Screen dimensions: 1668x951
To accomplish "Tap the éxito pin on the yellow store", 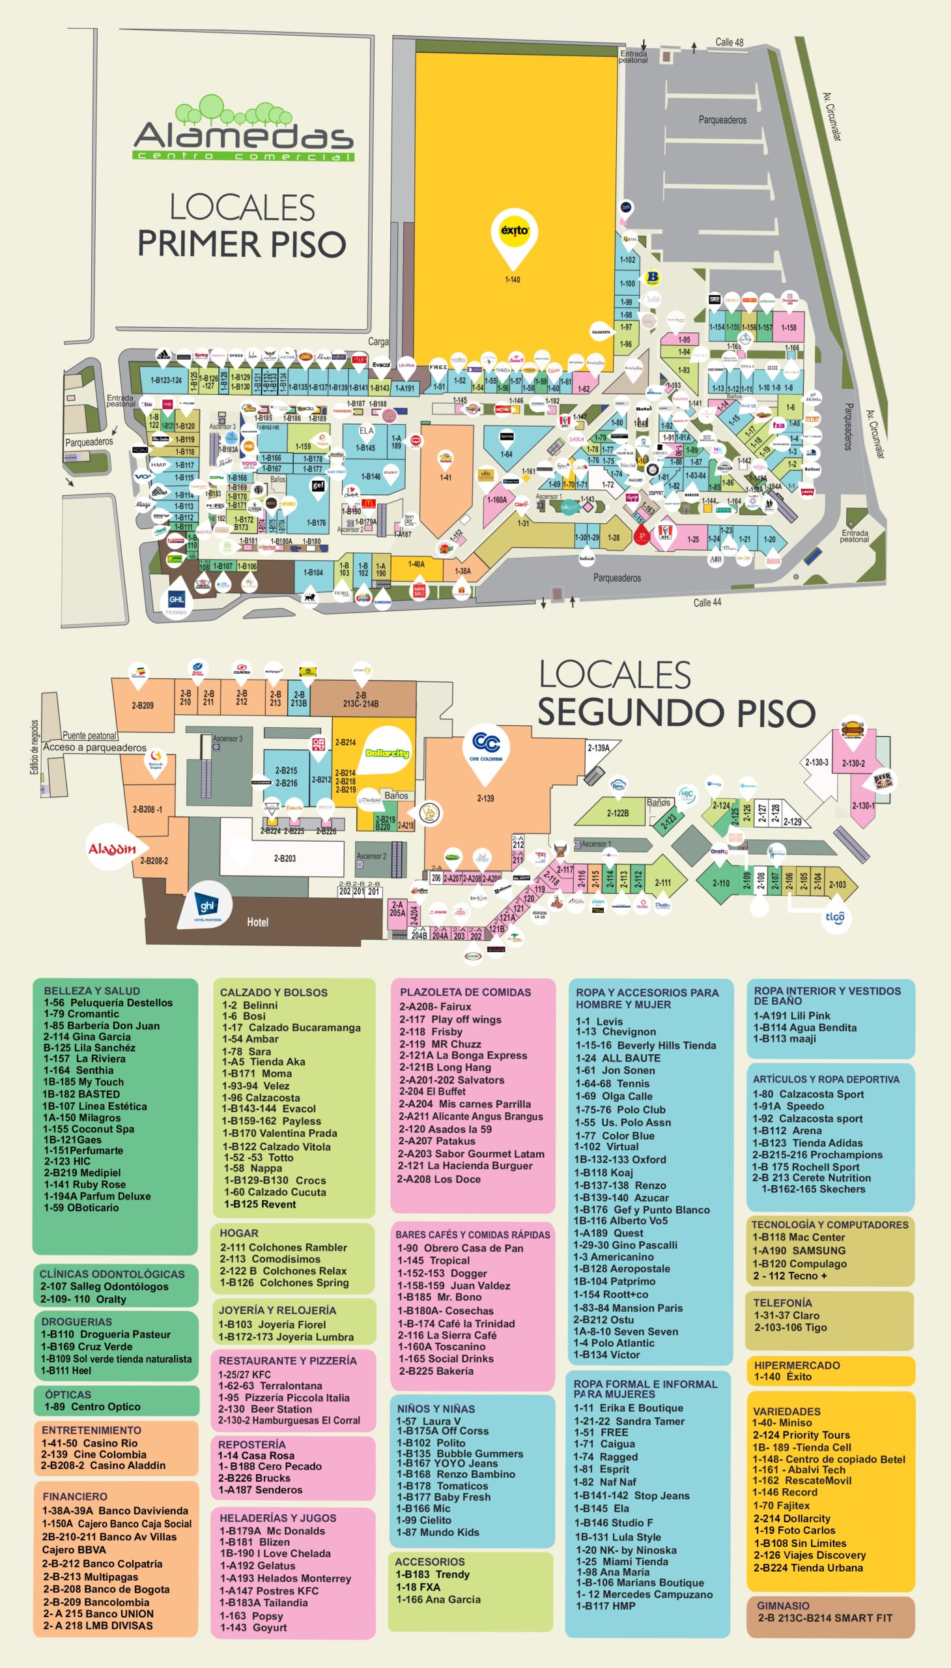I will (x=514, y=235).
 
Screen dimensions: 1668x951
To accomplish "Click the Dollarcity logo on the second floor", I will (x=387, y=753).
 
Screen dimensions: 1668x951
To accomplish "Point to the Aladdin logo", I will (x=111, y=849).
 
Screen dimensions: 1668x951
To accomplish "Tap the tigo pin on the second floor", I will (x=836, y=917).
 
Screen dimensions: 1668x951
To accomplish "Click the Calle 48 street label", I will (x=729, y=42).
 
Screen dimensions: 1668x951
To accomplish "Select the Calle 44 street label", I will (x=707, y=602).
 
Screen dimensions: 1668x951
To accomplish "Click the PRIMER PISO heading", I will (x=241, y=243).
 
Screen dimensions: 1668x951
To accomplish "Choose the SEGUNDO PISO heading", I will (x=676, y=712).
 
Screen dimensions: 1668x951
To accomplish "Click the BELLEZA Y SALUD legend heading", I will (x=91, y=990).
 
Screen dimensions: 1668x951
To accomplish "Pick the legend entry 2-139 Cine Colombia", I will (x=92, y=1454).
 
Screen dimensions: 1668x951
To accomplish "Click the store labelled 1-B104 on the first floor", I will (x=313, y=571).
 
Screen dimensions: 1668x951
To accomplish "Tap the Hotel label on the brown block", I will (x=257, y=922).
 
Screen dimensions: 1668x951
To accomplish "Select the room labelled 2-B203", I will (x=284, y=858).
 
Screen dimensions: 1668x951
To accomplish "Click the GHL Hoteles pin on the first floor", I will (x=177, y=601).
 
